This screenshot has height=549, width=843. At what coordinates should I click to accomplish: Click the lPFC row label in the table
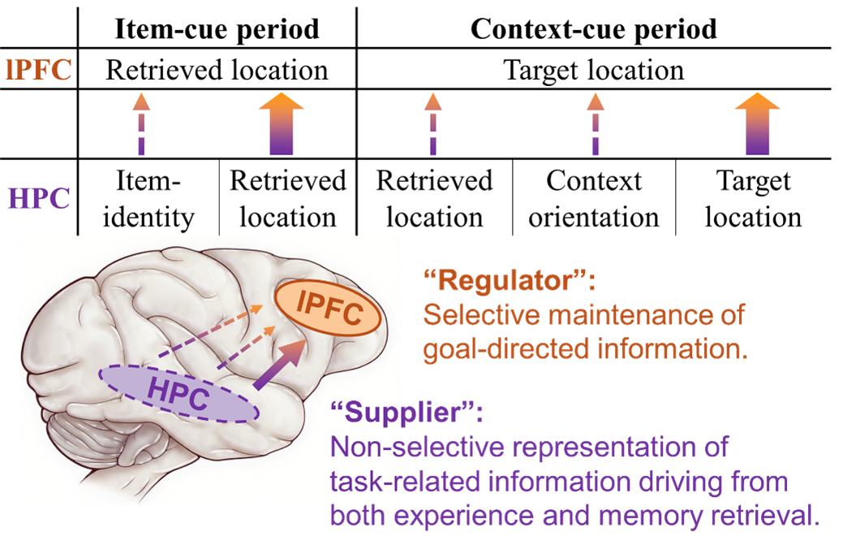point(39,70)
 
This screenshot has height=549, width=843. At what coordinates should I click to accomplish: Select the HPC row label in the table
point(39,198)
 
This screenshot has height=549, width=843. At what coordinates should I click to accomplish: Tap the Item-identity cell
point(148,198)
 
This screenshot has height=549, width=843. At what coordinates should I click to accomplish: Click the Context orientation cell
point(594,198)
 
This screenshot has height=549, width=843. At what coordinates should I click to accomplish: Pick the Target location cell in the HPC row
point(753,198)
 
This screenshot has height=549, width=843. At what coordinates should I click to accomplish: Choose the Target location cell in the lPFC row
point(594,70)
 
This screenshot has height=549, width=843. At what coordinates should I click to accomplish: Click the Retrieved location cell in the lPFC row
point(217,70)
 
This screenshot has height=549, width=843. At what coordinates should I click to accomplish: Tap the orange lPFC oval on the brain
point(329,310)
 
